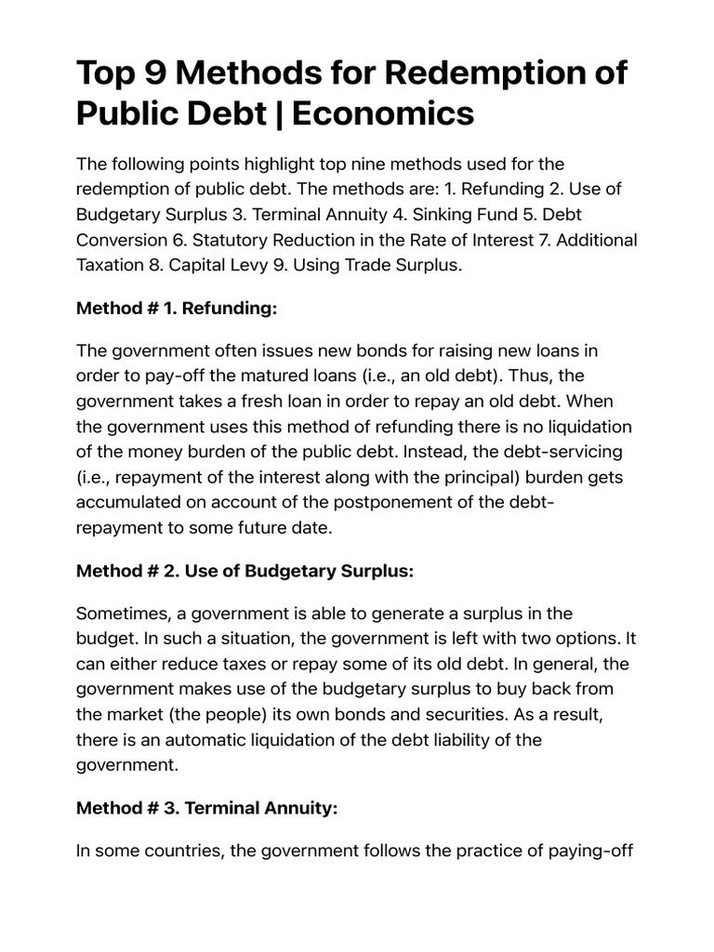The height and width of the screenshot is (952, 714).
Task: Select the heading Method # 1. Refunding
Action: click(177, 309)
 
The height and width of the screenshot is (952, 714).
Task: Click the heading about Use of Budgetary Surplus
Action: click(244, 571)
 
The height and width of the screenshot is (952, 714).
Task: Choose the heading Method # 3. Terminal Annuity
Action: click(206, 809)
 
